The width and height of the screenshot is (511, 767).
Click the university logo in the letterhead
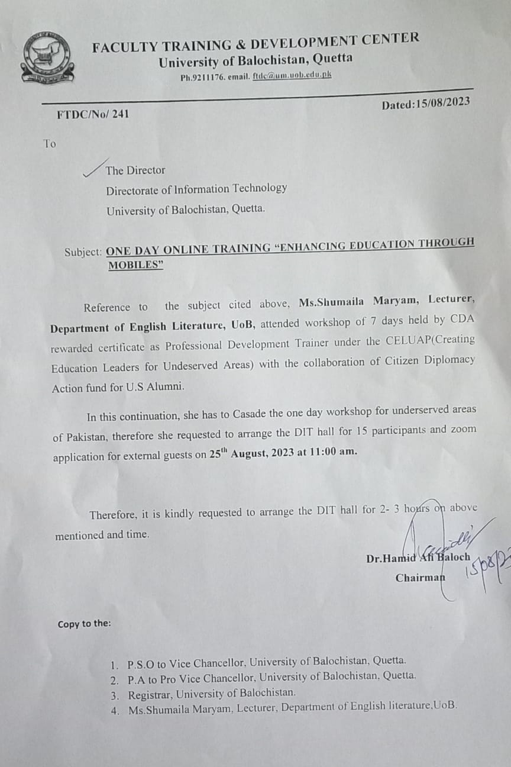pos(47,58)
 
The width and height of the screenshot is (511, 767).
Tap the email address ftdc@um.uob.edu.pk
pos(292,75)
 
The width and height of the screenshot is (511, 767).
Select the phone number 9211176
pos(208,77)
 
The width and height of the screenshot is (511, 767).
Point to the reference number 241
pos(121,114)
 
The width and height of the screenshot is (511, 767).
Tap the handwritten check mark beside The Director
pos(94,167)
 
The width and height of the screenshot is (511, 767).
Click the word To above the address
pos(50,143)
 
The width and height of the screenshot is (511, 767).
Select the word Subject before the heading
pos(83,252)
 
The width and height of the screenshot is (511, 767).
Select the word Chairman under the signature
pos(420,578)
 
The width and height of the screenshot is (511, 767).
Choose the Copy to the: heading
pos(84,624)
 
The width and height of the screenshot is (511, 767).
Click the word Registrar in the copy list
pos(150,692)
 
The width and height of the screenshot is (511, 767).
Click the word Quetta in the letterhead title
pos(332,59)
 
